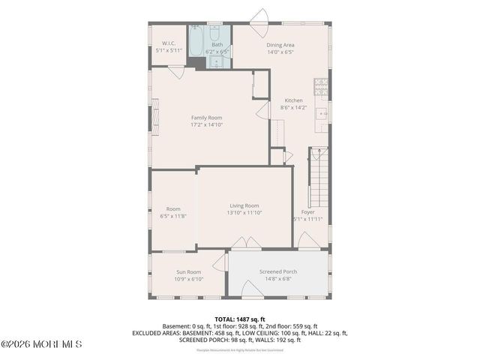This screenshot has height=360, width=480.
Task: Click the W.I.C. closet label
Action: point(168,42)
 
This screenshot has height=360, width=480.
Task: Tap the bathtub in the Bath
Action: point(195,42)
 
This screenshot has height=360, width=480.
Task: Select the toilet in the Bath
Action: point(214,34)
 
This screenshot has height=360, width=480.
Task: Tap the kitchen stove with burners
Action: point(321,88)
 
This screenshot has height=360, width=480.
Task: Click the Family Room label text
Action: point(206,118)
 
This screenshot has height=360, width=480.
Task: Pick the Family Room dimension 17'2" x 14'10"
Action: point(206,126)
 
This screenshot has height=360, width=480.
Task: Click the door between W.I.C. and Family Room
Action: point(176,71)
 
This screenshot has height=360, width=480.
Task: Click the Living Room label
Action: point(244,205)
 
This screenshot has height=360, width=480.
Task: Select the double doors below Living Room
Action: point(244,244)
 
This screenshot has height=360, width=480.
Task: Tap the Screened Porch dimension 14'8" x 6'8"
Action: point(278,279)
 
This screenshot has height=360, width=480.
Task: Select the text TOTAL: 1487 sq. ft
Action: point(240,319)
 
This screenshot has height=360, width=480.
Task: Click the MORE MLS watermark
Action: point(41,344)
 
